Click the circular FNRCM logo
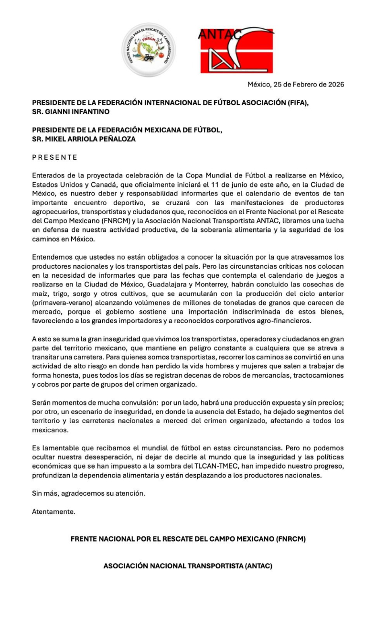(148, 50)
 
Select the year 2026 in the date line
(334, 85)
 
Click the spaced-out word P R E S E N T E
(54, 157)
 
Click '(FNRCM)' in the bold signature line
(290, 539)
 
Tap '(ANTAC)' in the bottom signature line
(258, 566)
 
